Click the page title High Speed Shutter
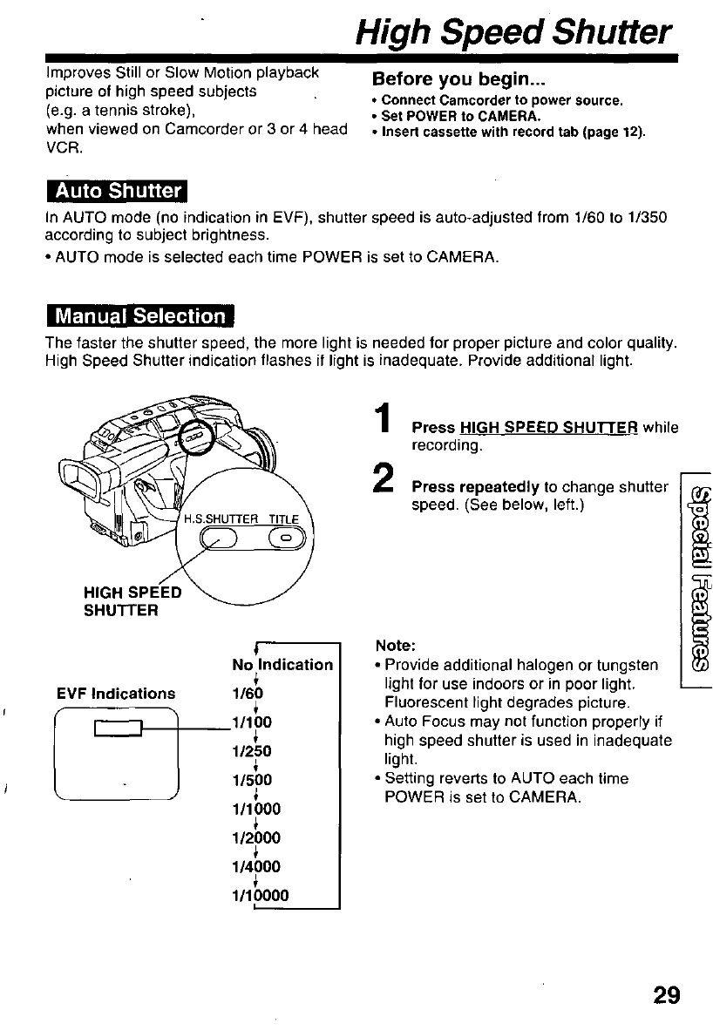tap(515, 33)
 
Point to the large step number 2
tap(381, 479)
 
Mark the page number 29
tap(662, 994)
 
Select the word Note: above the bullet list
tap(394, 646)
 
